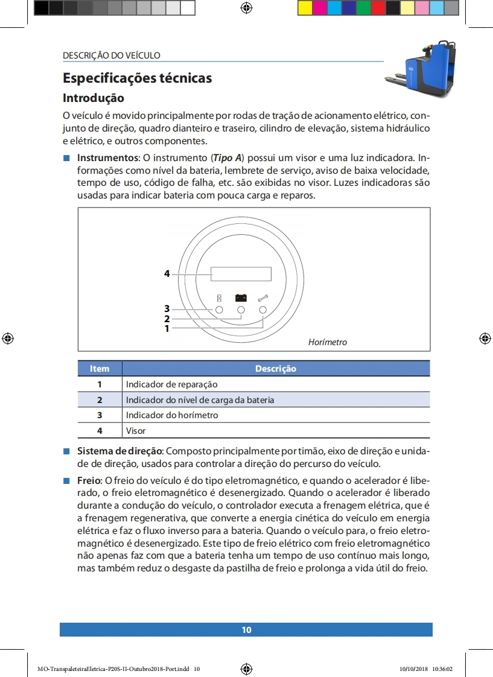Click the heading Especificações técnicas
click(x=137, y=78)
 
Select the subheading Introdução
click(x=94, y=98)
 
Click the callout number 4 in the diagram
click(x=167, y=274)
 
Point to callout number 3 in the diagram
click(x=167, y=309)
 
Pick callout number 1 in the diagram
click(x=167, y=329)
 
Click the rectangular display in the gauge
click(x=241, y=274)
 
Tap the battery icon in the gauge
click(x=241, y=297)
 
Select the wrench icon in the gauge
click(x=262, y=297)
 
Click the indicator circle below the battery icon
click(x=241, y=310)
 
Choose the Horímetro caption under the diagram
click(x=328, y=342)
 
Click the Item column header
click(x=100, y=369)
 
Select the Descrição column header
click(x=276, y=369)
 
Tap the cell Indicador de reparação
click(x=171, y=384)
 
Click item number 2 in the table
click(x=100, y=400)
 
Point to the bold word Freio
click(x=89, y=480)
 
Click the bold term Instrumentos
click(x=107, y=158)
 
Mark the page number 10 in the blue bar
click(x=246, y=630)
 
